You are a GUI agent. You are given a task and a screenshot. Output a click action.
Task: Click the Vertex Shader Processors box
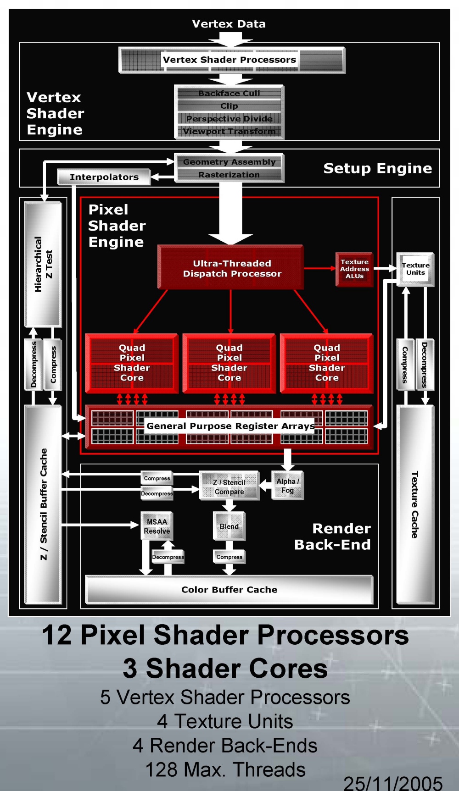point(229,60)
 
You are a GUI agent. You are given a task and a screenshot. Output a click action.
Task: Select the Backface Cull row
point(229,93)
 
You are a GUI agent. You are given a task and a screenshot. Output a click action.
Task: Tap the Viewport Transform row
point(229,131)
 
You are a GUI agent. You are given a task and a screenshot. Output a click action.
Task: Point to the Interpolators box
point(104,177)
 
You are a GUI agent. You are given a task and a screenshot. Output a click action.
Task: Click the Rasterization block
point(229,175)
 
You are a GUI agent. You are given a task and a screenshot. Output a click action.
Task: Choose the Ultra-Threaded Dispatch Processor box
point(231,268)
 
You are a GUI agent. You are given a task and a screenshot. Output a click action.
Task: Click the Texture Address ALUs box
point(354,269)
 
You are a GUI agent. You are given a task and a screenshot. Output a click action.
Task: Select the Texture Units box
point(415,269)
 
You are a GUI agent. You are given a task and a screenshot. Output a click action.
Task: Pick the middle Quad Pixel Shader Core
point(229,363)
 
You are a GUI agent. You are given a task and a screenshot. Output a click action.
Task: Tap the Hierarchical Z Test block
point(43,265)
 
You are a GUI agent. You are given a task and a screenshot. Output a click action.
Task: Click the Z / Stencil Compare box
point(229,487)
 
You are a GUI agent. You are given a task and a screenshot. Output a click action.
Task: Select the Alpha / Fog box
point(288,486)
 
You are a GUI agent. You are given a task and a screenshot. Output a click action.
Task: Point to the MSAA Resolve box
point(157,526)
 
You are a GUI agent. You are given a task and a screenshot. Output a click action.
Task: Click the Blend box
point(229,526)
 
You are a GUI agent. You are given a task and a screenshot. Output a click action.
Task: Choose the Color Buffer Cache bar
point(229,590)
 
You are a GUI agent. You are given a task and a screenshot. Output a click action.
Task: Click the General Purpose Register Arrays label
point(230,426)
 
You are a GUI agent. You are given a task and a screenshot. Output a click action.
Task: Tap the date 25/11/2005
point(393,782)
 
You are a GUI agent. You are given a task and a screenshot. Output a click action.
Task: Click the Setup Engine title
point(377,168)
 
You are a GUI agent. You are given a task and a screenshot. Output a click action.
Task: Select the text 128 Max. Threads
point(225,769)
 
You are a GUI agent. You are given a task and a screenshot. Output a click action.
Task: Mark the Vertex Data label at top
point(229,24)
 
